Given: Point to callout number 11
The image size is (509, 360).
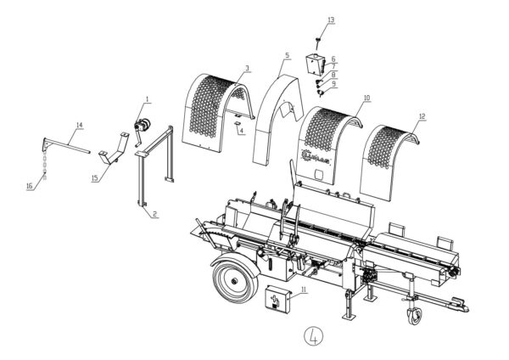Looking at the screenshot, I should pyautogui.click(x=304, y=290).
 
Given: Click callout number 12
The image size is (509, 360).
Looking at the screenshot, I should pyautogui.click(x=422, y=115).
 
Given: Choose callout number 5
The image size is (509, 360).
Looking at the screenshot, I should pyautogui.click(x=287, y=56).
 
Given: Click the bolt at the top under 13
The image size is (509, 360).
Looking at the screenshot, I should pyautogui.click(x=316, y=40).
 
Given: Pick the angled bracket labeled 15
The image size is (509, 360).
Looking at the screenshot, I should pyautogui.click(x=110, y=160).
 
